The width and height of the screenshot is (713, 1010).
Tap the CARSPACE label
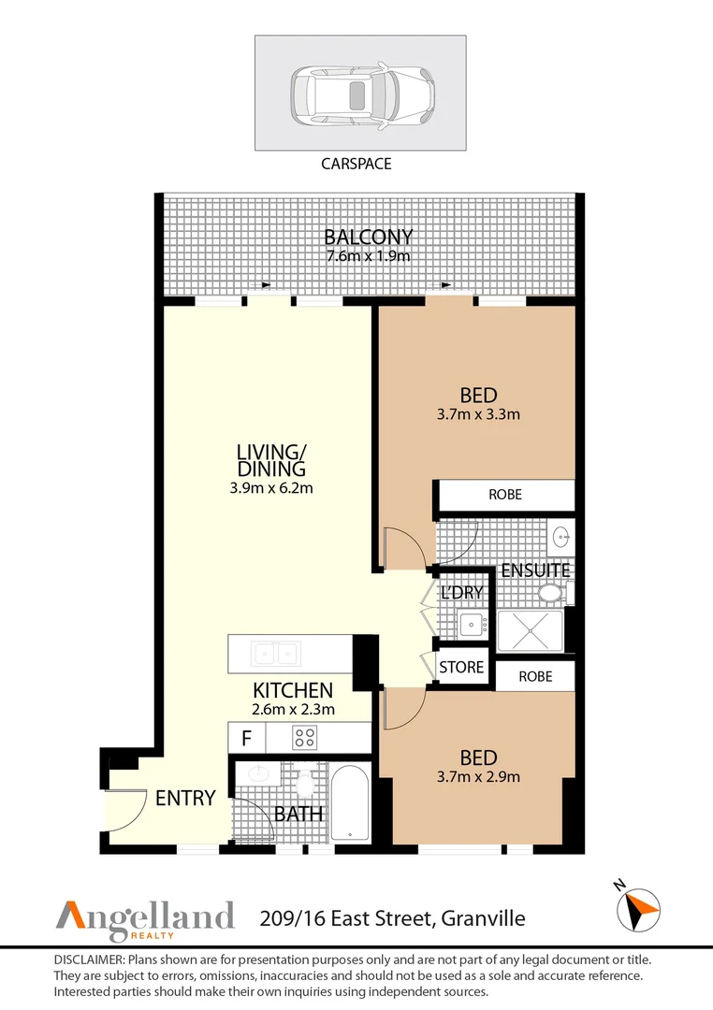point(356,164)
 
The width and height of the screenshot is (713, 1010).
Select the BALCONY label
point(368,237)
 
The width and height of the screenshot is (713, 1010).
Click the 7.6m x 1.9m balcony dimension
point(368,255)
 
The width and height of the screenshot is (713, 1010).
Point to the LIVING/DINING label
point(271,460)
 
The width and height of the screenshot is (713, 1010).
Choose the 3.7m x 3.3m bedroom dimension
point(478,413)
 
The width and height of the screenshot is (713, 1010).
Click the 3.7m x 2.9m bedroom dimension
point(478,775)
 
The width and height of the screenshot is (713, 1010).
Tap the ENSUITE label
point(535,570)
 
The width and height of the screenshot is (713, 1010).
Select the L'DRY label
point(462,593)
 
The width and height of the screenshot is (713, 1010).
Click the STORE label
point(462,667)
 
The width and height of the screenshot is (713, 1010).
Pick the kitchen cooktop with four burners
point(304,737)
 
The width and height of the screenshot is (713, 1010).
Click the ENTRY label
point(185,799)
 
